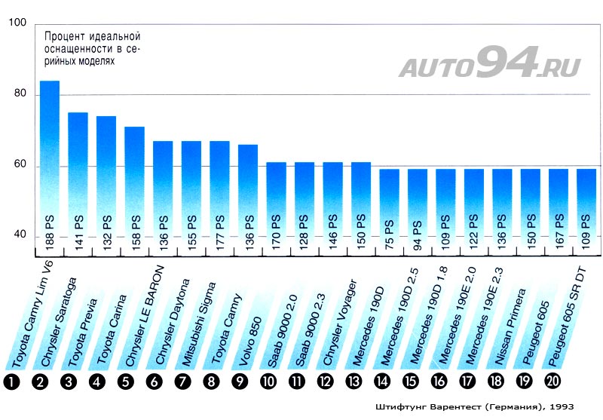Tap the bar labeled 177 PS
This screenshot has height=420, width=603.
coord(219,189)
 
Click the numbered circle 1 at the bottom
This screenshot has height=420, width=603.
coord(12,382)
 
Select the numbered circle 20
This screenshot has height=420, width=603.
coord(552,382)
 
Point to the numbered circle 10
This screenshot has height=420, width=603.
coord(268,382)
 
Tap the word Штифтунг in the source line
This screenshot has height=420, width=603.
coord(399,407)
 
